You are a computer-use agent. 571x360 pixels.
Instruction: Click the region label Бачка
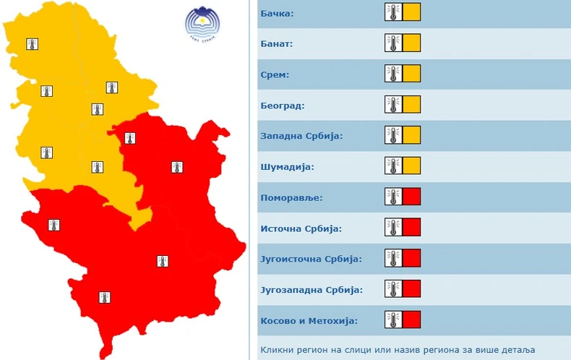(x=278, y=12)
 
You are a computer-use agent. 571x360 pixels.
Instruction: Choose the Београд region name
(x=282, y=106)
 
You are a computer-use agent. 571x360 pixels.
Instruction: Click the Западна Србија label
(x=301, y=136)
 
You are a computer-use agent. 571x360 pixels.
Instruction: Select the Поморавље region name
(x=291, y=197)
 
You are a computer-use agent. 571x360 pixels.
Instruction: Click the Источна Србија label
(x=301, y=228)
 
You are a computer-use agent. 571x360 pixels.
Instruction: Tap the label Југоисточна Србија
(x=310, y=259)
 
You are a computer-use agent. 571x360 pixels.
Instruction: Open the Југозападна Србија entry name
(x=310, y=290)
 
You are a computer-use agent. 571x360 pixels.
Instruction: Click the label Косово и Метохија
(x=309, y=320)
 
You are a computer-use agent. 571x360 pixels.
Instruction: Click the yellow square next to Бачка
(x=411, y=12)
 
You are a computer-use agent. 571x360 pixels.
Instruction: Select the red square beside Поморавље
(x=411, y=197)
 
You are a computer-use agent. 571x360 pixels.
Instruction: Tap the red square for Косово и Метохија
(x=411, y=320)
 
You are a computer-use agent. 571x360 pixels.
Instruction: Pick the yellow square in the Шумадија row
(x=411, y=166)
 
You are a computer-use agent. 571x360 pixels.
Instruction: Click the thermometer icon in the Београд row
(x=393, y=105)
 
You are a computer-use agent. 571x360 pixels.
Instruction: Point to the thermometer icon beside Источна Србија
(x=393, y=228)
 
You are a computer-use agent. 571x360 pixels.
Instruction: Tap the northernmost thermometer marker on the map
(x=32, y=44)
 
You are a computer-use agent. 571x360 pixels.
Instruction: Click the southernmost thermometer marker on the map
(x=105, y=296)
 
